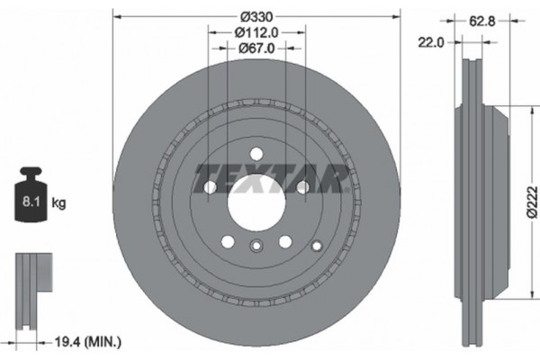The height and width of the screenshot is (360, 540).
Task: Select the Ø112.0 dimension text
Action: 256,32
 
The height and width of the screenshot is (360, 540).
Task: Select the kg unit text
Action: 58,203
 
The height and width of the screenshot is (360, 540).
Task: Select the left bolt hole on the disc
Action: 211,187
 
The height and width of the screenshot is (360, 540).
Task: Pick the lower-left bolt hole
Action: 228,241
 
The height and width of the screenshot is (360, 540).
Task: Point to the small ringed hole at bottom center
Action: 256,249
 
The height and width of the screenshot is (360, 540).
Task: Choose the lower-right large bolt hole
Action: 284,241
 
